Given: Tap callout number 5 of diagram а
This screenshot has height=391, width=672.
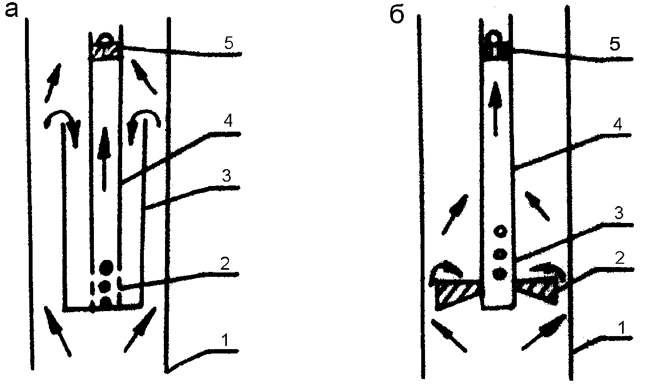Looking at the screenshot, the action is pos(229,44).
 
